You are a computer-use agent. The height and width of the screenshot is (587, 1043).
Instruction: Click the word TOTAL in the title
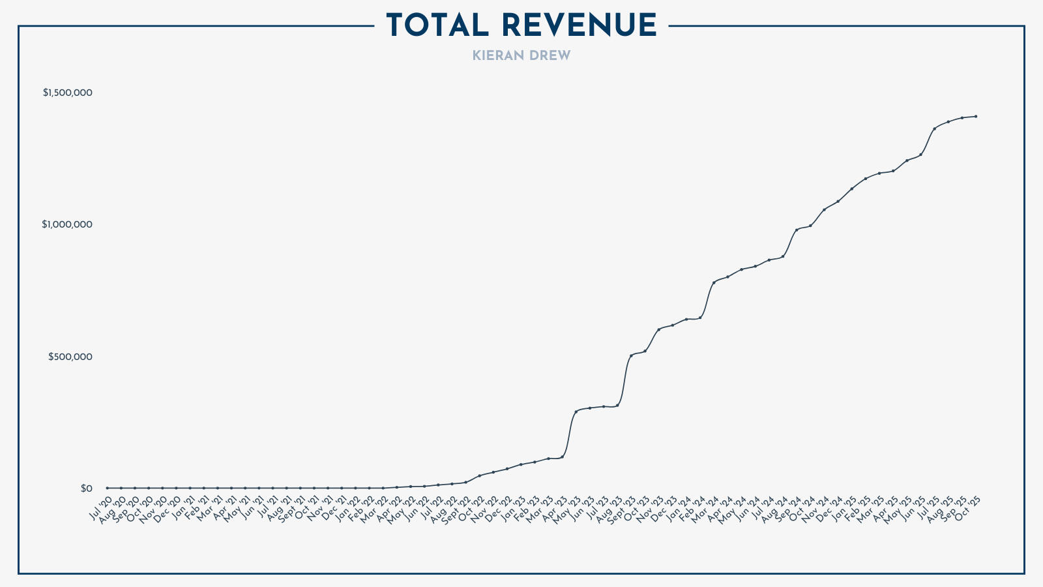coord(437,26)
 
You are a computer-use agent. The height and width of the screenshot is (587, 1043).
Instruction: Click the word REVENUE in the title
coord(580,26)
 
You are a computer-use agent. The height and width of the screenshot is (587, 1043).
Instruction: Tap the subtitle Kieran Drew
coord(521,56)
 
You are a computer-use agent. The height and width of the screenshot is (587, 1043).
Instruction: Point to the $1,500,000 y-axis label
coord(68,93)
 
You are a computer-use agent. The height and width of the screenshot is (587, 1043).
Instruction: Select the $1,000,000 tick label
coord(68,224)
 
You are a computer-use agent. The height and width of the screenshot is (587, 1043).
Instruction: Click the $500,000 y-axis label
coord(70,357)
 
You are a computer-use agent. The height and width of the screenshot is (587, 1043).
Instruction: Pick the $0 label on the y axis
coord(87,489)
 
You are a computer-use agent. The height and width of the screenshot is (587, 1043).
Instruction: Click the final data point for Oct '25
coord(975,116)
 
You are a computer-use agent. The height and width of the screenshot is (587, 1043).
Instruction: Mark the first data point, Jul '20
coord(107,488)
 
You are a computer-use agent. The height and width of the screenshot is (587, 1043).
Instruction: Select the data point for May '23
coord(576,411)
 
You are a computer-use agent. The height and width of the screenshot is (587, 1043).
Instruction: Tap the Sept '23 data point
coord(631,355)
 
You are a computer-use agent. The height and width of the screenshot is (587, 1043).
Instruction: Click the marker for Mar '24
coord(714,282)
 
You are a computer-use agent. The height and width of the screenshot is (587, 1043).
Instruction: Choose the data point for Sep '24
coord(797,230)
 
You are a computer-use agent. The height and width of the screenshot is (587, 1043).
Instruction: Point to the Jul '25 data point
coord(934,128)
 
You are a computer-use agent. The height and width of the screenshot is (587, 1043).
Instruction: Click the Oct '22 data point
coord(479,475)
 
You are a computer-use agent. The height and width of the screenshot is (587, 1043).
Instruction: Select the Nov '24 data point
coord(824,209)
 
